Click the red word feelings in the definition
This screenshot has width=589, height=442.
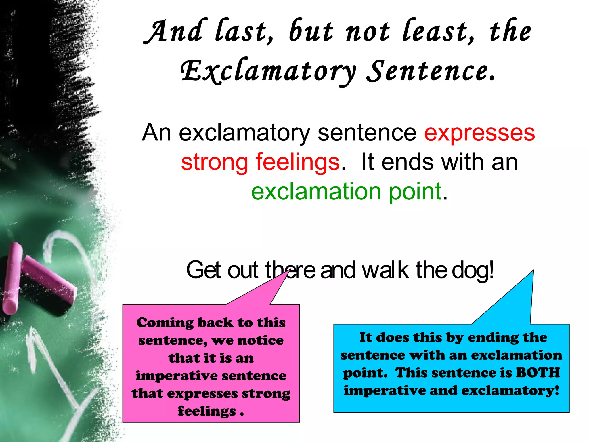[x=298, y=162]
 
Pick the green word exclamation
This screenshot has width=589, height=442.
[x=316, y=192]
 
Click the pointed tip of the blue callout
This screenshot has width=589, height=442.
[x=533, y=271]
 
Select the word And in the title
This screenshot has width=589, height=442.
[x=175, y=32]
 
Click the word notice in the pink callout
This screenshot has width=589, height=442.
[x=260, y=341]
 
